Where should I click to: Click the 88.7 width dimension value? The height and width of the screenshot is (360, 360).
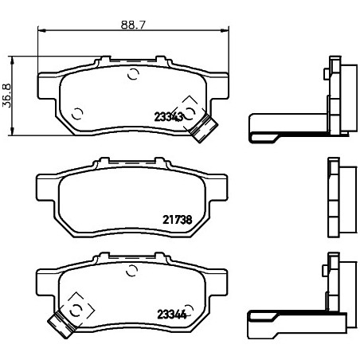tap(133, 25)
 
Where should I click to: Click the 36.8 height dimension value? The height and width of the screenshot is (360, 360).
tap(6, 96)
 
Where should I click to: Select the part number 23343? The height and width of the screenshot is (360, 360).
tap(169, 117)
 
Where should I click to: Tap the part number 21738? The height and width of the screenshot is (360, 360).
tap(177, 220)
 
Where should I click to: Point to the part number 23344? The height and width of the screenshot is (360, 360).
tap(172, 315)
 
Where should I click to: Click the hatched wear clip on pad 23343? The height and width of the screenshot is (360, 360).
tap(204, 128)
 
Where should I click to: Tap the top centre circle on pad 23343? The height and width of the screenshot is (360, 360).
tap(133, 74)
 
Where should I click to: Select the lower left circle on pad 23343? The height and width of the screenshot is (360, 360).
tap(77, 114)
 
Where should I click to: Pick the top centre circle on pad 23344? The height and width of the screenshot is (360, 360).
tap(132, 271)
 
